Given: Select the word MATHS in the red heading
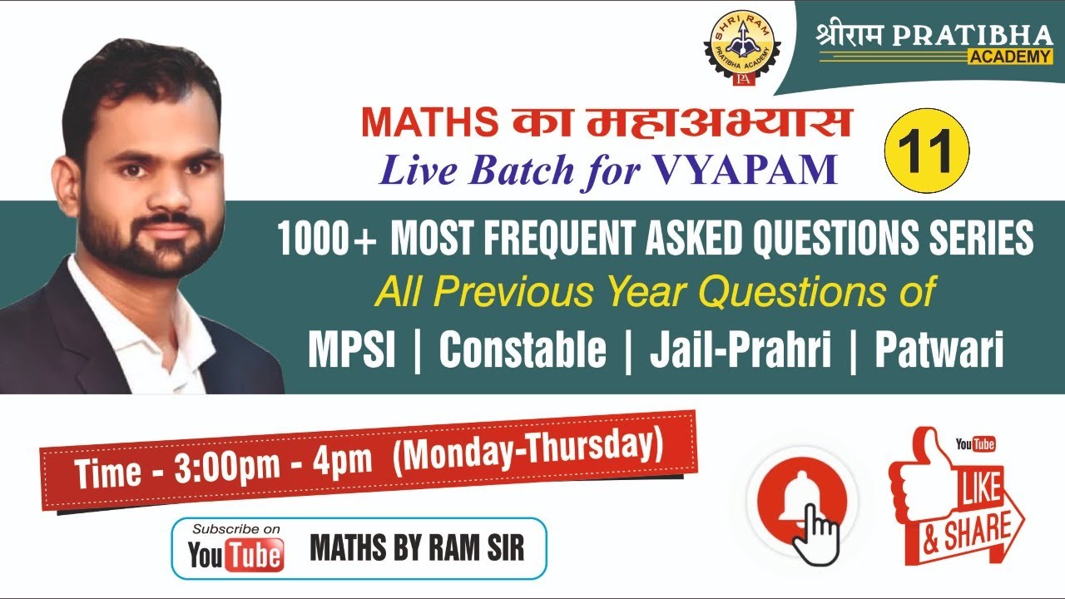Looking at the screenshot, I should point(424,123).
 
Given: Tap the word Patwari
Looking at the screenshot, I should point(939,350).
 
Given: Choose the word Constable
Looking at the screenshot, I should point(523,350).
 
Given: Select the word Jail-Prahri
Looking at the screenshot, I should point(741,350).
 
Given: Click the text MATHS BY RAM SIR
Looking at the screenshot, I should point(417,548).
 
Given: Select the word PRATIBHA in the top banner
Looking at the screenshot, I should point(982,36).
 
